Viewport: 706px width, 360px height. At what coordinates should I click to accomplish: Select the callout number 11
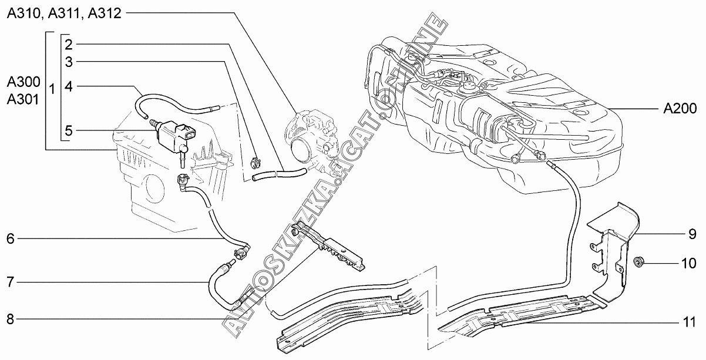pyautogui.click(x=689, y=322)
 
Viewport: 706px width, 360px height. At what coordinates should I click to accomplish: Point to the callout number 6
pyautogui.click(x=11, y=238)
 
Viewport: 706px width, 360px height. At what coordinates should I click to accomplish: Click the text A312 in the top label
pyautogui.click(x=104, y=13)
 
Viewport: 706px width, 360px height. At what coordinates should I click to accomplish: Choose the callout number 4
pyautogui.click(x=69, y=86)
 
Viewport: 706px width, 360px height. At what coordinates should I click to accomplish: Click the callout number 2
pyautogui.click(x=69, y=45)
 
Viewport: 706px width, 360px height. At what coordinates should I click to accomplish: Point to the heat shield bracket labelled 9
pyautogui.click(x=614, y=247)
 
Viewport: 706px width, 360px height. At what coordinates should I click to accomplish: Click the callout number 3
pyautogui.click(x=69, y=61)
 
